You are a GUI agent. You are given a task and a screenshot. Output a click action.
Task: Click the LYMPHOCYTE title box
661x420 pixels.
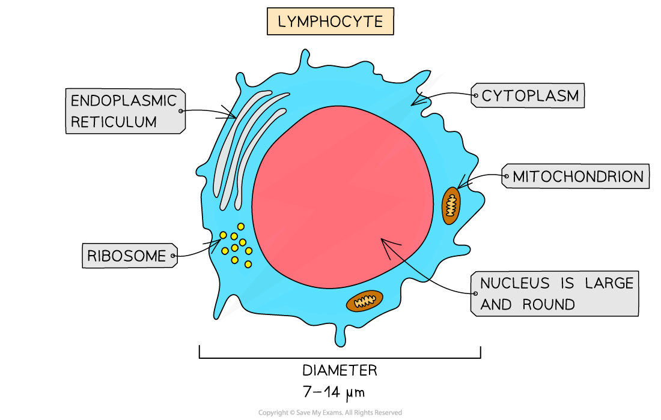pos(330,22)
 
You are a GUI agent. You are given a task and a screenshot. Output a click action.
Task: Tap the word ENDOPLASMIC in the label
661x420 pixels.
pos(124,100)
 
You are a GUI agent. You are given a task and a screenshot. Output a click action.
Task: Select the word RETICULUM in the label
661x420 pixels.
pos(114,122)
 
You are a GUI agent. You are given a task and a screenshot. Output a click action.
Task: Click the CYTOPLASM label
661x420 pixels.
pos(530,95)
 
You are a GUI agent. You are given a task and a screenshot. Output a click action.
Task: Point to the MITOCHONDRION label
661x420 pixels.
pos(577,176)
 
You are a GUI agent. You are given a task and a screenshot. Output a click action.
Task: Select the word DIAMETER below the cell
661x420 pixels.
pos(340,370)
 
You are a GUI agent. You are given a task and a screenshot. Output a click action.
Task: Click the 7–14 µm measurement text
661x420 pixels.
pos(334,393)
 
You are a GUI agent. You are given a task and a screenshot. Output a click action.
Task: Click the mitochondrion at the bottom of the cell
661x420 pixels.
pos(364,301)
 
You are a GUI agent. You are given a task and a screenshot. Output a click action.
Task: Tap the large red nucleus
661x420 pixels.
pos(343,198)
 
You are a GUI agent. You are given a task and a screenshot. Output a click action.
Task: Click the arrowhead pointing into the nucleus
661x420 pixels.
pos(384,242)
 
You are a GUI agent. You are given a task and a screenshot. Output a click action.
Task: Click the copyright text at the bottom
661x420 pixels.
pos(330,413)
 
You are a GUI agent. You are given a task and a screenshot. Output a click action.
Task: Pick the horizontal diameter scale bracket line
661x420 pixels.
pos(340,358)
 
